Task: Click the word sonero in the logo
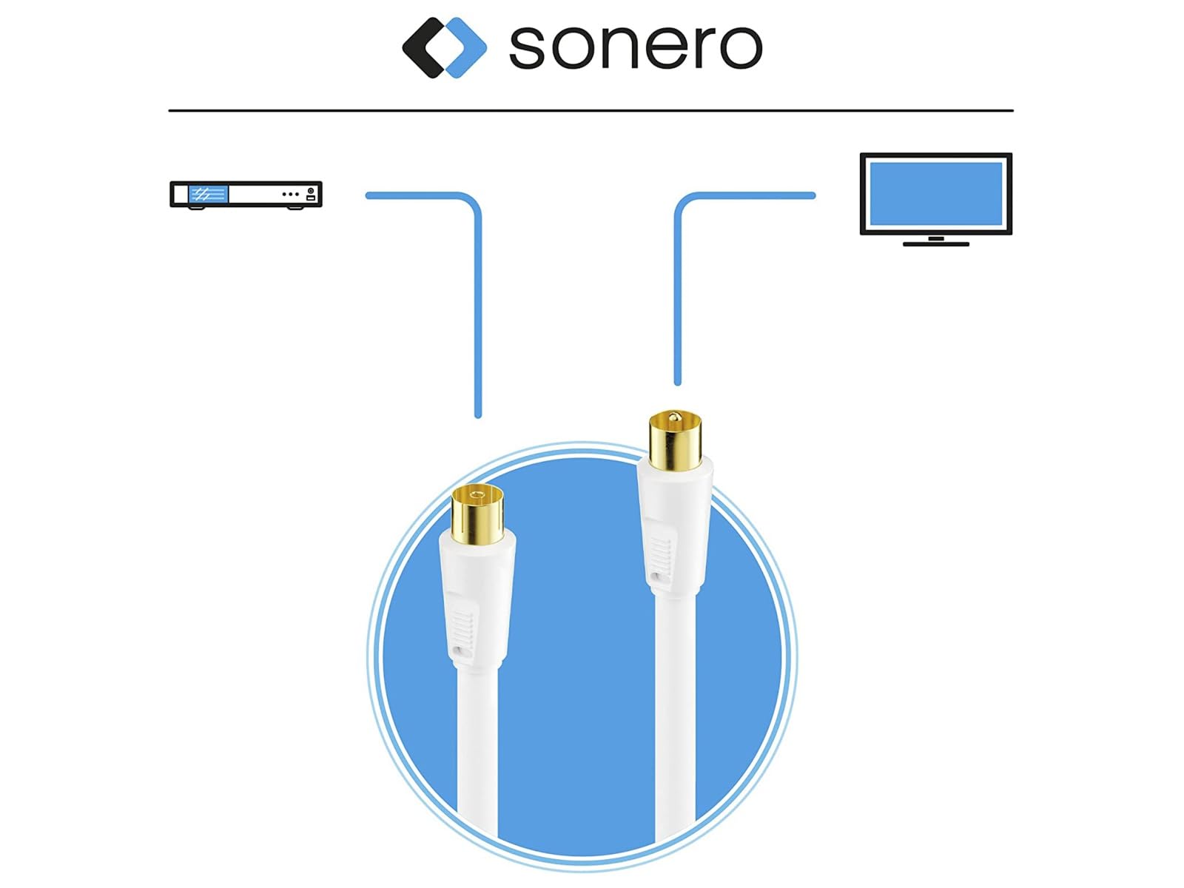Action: (635, 47)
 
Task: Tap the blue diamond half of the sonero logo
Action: (464, 47)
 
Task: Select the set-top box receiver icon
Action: (246, 195)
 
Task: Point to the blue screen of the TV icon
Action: (936, 194)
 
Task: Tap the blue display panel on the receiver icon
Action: (208, 194)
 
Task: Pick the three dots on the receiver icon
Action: (290, 194)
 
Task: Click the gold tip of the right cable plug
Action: (675, 440)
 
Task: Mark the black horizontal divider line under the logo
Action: (591, 110)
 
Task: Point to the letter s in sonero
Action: (526, 47)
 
